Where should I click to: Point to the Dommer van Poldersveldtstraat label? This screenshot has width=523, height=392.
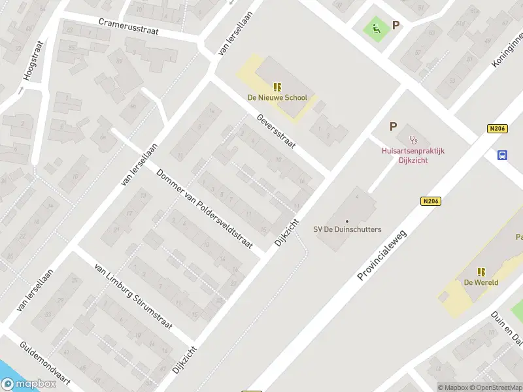pyautogui.click(x=205, y=209)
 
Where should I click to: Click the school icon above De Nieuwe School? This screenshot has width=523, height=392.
pyautogui.click(x=277, y=87)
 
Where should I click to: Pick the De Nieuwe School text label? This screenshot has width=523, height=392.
pyautogui.click(x=277, y=98)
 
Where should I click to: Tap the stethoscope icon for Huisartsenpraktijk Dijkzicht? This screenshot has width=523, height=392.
pyautogui.click(x=413, y=139)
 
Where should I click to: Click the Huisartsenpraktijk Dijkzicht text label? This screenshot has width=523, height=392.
pyautogui.click(x=413, y=155)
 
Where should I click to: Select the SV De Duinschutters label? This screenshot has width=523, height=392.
pyautogui.click(x=347, y=229)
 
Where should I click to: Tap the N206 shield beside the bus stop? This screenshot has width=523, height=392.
pyautogui.click(x=498, y=129)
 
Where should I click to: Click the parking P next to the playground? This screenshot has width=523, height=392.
pyautogui.click(x=395, y=25)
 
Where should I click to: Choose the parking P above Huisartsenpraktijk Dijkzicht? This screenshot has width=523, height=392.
pyautogui.click(x=393, y=127)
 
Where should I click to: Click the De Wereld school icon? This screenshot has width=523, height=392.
pyautogui.click(x=482, y=272)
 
